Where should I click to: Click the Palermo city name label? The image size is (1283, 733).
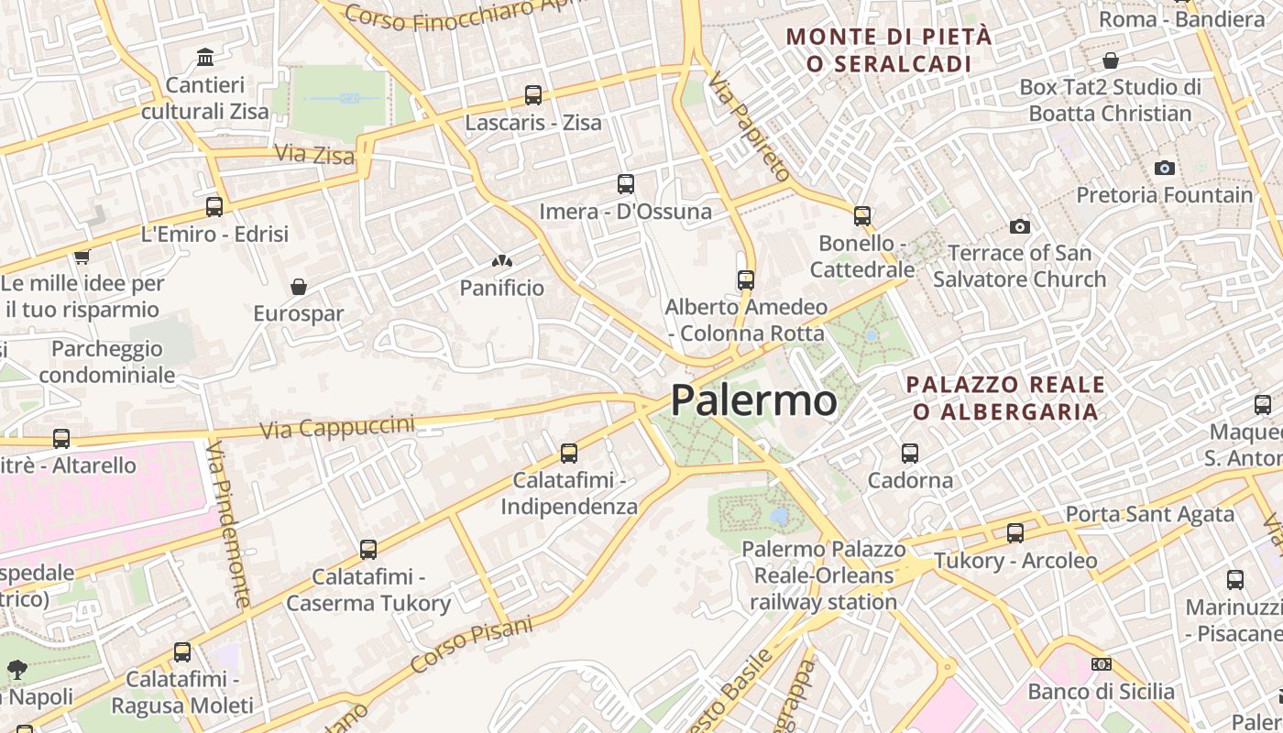click(753, 401)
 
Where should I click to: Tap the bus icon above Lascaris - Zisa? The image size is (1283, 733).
click(532, 94)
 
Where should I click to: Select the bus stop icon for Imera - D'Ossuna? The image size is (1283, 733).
click(626, 184)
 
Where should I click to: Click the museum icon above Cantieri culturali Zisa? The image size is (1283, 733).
click(205, 58)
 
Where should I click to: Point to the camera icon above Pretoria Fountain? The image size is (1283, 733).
click(1165, 168)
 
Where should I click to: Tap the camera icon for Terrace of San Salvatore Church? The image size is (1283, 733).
click(1019, 226)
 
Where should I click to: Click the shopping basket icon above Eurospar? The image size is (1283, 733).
click(299, 287)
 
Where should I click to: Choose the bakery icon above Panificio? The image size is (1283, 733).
click(501, 261)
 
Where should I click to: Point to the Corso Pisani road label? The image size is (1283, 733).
click(471, 645)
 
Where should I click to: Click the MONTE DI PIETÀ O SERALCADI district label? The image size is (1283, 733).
click(889, 50)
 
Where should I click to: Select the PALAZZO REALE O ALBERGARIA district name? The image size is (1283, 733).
click(1005, 398)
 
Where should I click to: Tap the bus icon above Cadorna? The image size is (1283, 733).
click(909, 453)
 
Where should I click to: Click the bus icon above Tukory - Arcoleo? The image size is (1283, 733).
click(1014, 532)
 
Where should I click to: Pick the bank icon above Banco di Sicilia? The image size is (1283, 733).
click(1101, 664)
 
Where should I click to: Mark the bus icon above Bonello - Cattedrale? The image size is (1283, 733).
click(861, 216)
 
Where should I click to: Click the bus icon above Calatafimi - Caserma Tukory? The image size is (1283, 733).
click(367, 550)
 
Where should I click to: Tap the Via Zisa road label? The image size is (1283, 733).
click(314, 154)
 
